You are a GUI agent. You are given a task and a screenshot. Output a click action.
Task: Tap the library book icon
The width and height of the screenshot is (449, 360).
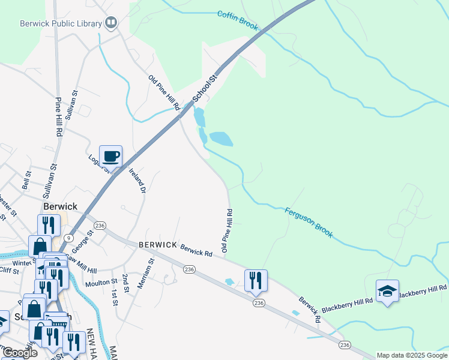pos(111,23)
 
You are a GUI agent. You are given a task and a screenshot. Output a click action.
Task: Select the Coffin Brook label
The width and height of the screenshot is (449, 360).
pos(238,20)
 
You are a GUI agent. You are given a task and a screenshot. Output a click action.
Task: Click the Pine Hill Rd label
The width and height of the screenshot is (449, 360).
pos(59,116)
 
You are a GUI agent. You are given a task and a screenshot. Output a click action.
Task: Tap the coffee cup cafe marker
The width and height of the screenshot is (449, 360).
pos(111,157)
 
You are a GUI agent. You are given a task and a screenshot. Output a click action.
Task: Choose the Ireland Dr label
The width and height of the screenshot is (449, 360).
pos(137,179)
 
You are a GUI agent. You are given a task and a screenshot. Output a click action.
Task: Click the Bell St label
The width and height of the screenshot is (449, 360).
pos(26,179)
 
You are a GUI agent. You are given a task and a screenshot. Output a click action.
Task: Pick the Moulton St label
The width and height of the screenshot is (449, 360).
pos(101,282)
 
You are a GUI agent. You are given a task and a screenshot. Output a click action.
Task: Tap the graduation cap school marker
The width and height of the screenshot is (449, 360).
pos(387,291)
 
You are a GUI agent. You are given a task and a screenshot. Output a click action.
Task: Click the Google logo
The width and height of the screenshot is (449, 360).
pos(19,353)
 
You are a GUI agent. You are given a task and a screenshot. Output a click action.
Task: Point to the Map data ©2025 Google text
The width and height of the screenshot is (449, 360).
pos(412,355)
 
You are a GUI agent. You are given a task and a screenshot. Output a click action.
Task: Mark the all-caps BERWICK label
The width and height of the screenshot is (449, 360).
pos(157,245)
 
